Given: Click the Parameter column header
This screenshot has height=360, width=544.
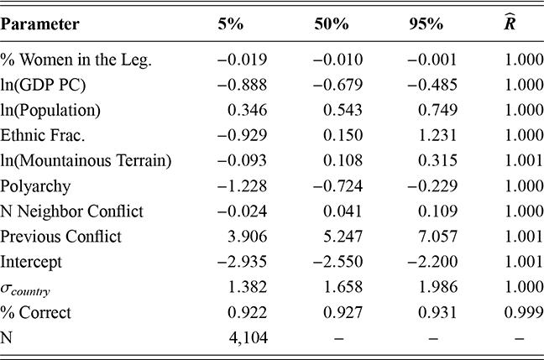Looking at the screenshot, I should coord(40,24).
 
